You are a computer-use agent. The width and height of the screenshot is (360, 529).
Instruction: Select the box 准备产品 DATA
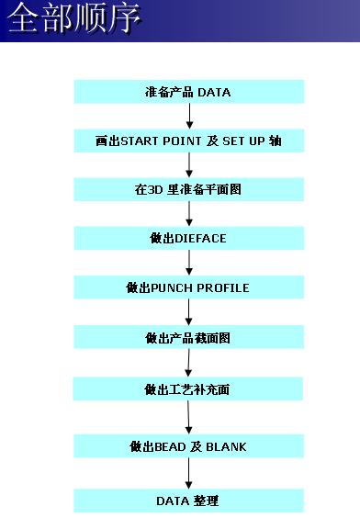coord(188,92)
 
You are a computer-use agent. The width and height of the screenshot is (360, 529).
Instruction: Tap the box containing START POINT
coord(188,141)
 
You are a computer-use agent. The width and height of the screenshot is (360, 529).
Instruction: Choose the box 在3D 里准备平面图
coord(188,190)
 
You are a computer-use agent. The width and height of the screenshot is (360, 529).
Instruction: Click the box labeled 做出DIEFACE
coord(188,239)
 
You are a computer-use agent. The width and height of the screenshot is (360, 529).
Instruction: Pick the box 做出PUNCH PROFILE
coord(188,288)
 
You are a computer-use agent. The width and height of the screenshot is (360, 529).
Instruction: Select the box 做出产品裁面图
coord(188,338)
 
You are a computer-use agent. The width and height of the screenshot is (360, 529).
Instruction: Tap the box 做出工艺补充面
coord(188,388)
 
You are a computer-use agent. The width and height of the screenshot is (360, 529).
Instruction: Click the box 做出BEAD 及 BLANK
coord(188,446)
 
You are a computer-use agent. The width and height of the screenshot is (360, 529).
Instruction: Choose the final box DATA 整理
coord(188,501)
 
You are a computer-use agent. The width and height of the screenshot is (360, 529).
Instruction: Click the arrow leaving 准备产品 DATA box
coord(188,117)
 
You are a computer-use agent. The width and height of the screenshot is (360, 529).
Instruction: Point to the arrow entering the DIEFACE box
coord(188,214)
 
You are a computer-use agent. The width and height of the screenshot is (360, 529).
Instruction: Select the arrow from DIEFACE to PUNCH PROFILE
coord(188,264)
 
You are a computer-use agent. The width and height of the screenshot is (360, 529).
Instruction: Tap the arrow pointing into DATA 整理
coord(188,474)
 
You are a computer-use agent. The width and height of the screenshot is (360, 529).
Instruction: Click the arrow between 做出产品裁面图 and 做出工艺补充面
coord(188,363)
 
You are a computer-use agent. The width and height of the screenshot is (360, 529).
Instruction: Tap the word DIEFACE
coord(200,239)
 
